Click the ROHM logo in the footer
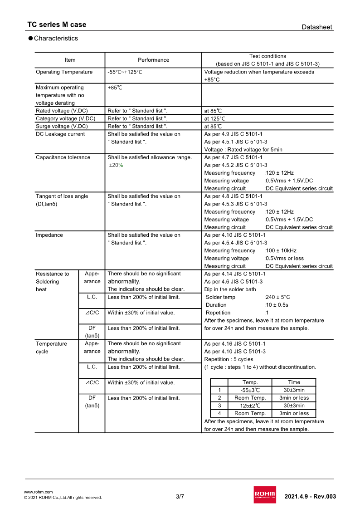[x=265, y=494]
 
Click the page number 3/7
[x=180, y=496]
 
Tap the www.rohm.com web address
[x=38, y=492]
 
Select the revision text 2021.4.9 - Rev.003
[x=310, y=496]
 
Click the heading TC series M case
[x=57, y=24]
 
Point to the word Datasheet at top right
[x=317, y=27]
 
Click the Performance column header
[x=153, y=60]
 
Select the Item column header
[x=70, y=60]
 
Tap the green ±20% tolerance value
[x=116, y=165]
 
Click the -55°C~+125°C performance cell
[x=125, y=72]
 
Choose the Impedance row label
[x=49, y=235]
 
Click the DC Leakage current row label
[x=60, y=134]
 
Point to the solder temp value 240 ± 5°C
[x=277, y=297]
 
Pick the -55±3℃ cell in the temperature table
[x=250, y=390]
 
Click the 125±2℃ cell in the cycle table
[x=250, y=406]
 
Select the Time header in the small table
[x=294, y=382]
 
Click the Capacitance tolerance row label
[x=63, y=157]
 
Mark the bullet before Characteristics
[x=30, y=39]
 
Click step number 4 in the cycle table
[x=219, y=413]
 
